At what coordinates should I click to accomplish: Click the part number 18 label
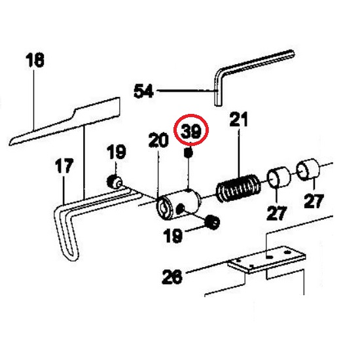pyautogui.click(x=35, y=60)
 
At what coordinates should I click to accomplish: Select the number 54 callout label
pyautogui.click(x=143, y=91)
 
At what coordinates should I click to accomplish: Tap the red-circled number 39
pyautogui.click(x=191, y=131)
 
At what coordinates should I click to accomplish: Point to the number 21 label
pyautogui.click(x=239, y=119)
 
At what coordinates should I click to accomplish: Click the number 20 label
pyautogui.click(x=158, y=140)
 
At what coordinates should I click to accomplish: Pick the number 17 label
pyautogui.click(x=64, y=166)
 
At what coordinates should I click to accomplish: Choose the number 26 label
pyautogui.click(x=172, y=277)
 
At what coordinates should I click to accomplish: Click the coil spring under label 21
pyautogui.click(x=239, y=189)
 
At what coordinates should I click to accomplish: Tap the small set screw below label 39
pyautogui.click(x=189, y=153)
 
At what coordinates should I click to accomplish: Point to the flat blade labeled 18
pyautogui.click(x=65, y=121)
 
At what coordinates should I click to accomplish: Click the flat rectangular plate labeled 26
pyautogui.click(x=266, y=259)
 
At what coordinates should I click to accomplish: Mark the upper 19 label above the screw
pyautogui.click(x=117, y=152)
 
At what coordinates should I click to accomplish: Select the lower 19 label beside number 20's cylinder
pyautogui.click(x=173, y=236)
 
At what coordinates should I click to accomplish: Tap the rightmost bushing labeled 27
pyautogui.click(x=308, y=169)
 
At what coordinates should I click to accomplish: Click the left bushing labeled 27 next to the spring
pyautogui.click(x=278, y=177)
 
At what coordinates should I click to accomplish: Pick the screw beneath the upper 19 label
pyautogui.click(x=115, y=181)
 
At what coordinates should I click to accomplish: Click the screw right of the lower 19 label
pyautogui.click(x=212, y=223)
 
